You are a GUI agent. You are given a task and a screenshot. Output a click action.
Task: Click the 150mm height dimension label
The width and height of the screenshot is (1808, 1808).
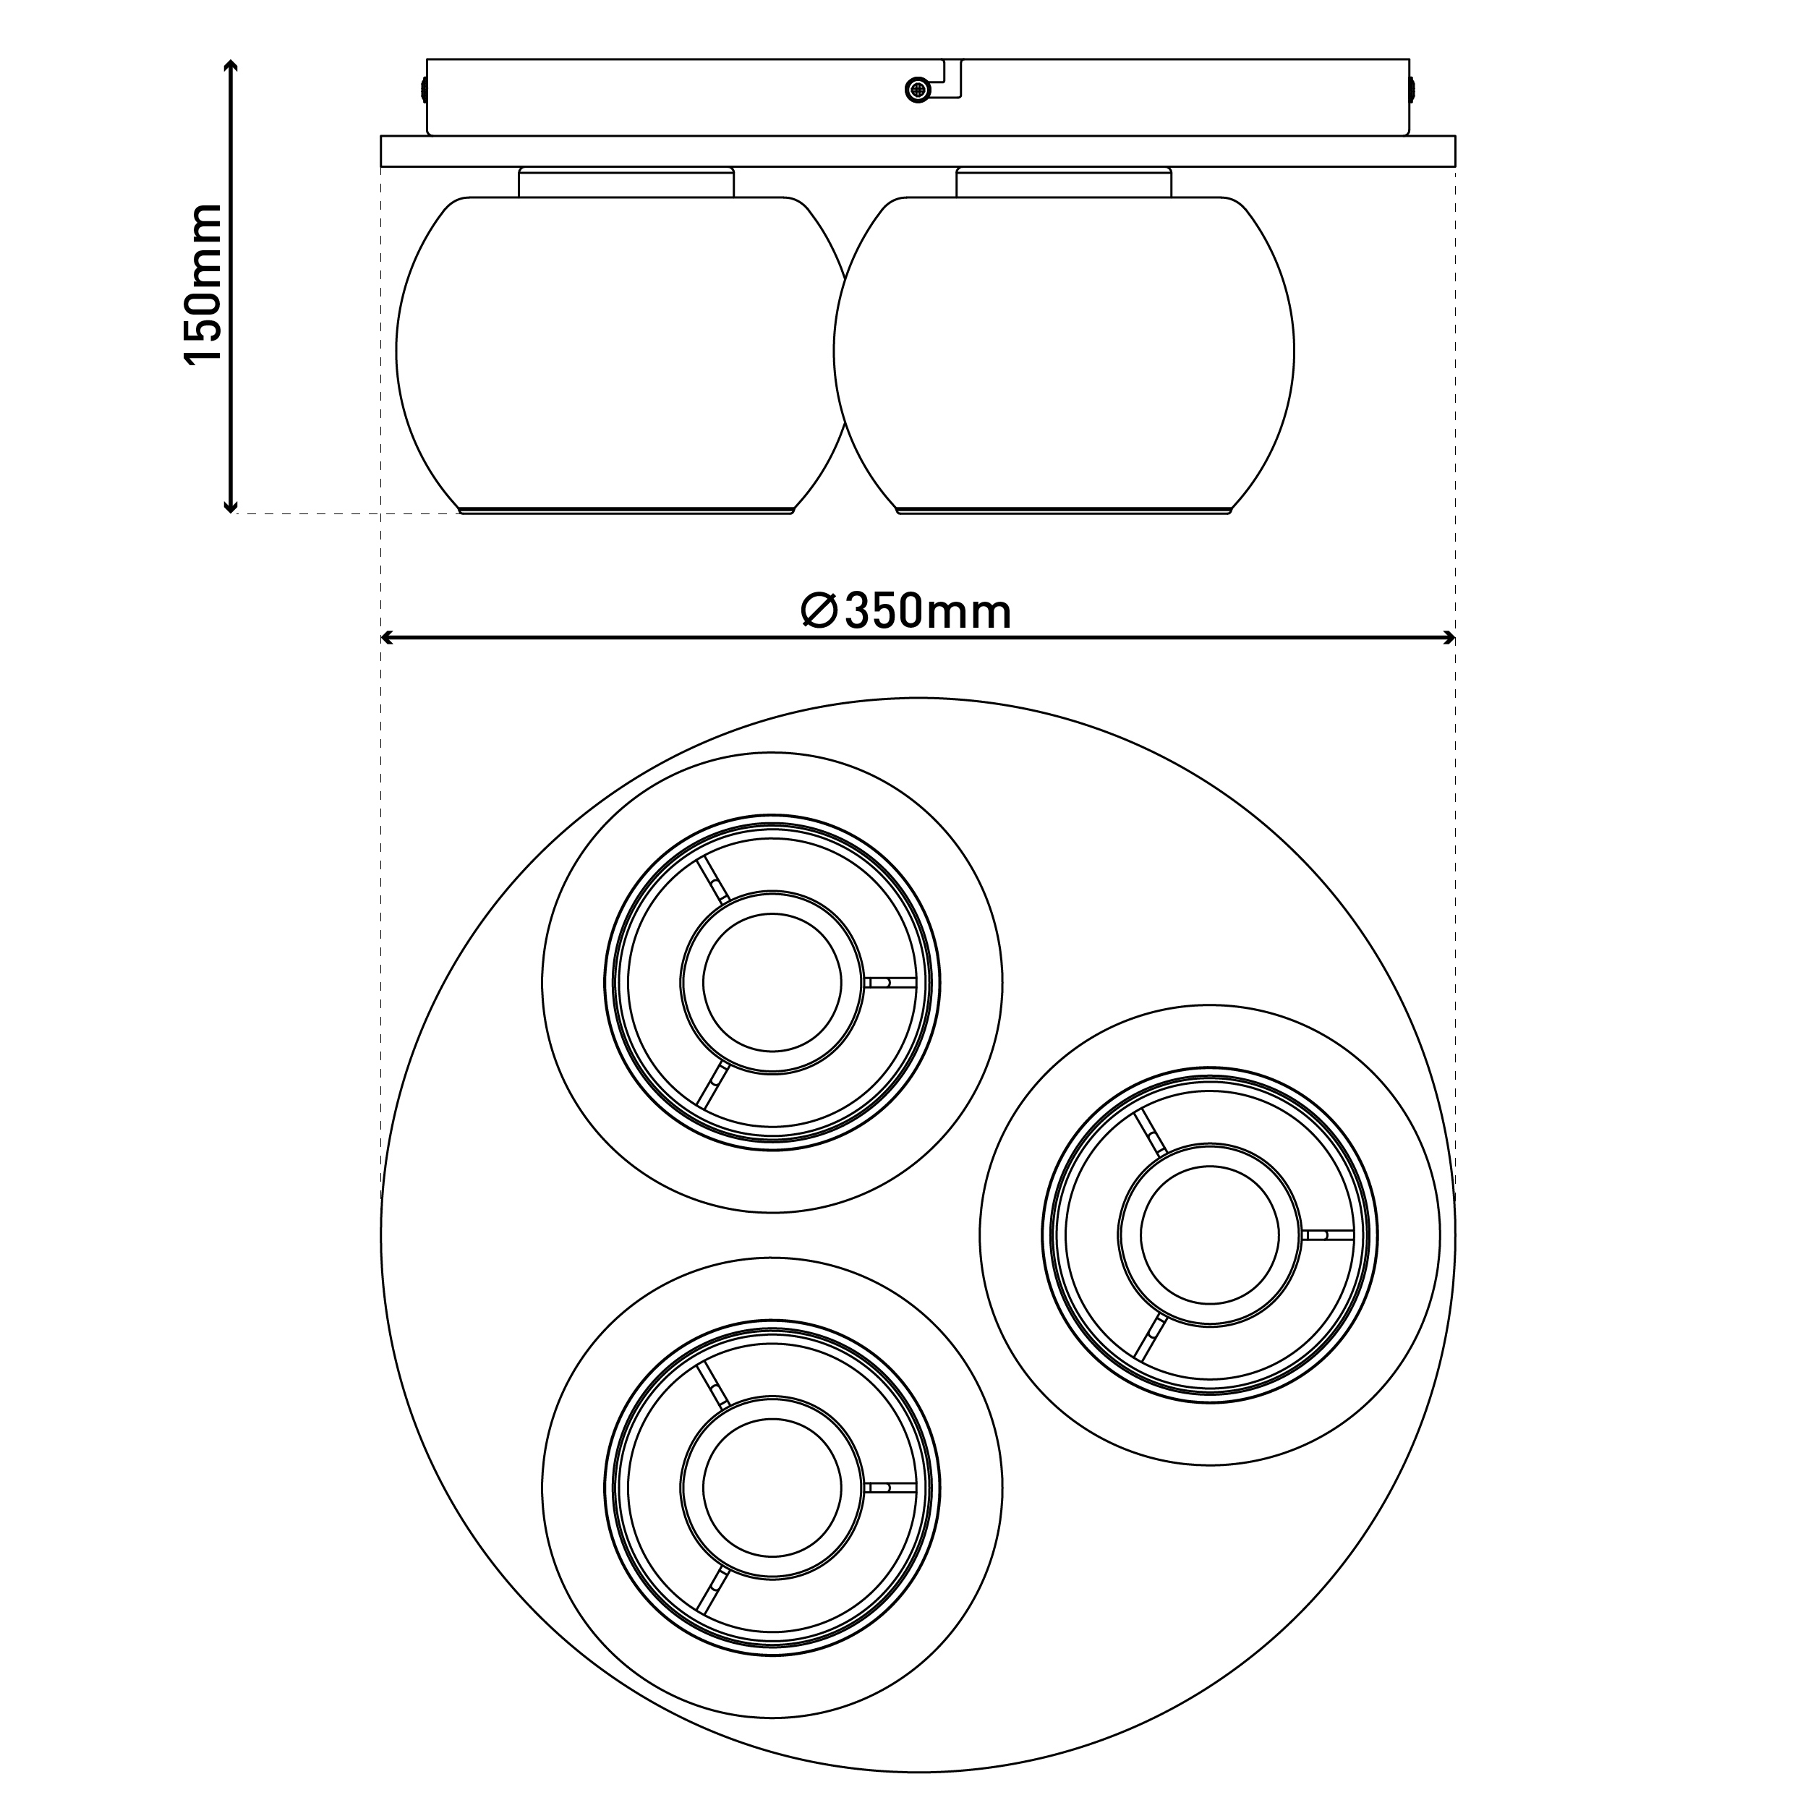202,283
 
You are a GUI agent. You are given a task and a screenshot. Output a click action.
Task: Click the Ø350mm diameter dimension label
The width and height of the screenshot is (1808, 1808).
907,612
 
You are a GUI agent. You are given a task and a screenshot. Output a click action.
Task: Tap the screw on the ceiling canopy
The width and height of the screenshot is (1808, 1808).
918,90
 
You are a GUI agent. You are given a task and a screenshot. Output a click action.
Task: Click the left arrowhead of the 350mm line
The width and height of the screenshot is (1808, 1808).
388,639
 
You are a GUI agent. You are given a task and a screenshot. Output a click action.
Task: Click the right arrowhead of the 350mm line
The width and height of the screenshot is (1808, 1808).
1448,639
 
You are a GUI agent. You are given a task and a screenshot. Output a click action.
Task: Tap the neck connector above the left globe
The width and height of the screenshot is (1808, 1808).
626,182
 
